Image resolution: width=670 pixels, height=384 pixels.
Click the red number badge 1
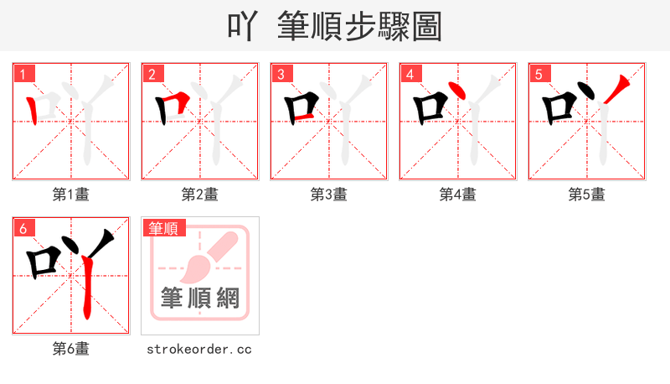[23, 74]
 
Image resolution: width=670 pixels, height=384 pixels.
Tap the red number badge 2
[152, 74]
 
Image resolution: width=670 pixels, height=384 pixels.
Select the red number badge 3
[281, 74]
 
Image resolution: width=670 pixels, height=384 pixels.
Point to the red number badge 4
[410, 74]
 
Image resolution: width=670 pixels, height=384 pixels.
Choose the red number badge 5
[539, 74]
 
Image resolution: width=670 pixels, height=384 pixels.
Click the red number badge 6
[23, 228]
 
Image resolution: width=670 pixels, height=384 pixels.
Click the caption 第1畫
[71, 195]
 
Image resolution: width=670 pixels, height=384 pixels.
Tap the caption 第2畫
[200, 195]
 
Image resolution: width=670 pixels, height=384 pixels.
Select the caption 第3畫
[329, 195]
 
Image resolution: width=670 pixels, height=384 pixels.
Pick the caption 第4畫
[458, 195]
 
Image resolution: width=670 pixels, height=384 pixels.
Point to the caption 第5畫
[587, 195]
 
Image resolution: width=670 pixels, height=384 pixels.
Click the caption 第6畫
[71, 349]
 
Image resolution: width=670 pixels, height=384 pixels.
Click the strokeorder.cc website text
[200, 349]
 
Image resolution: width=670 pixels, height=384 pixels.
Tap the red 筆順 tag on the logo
[163, 228]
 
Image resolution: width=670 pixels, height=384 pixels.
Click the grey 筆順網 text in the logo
[200, 298]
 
